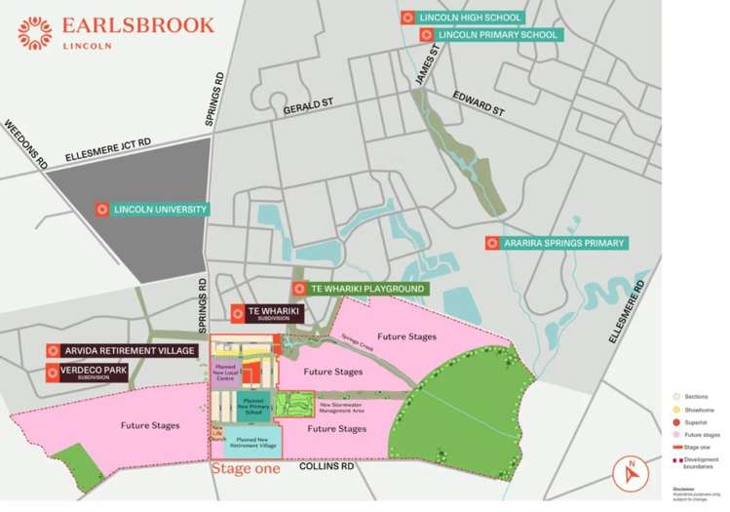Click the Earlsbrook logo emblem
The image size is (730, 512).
point(35,31)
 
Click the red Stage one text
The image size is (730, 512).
point(247,468)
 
